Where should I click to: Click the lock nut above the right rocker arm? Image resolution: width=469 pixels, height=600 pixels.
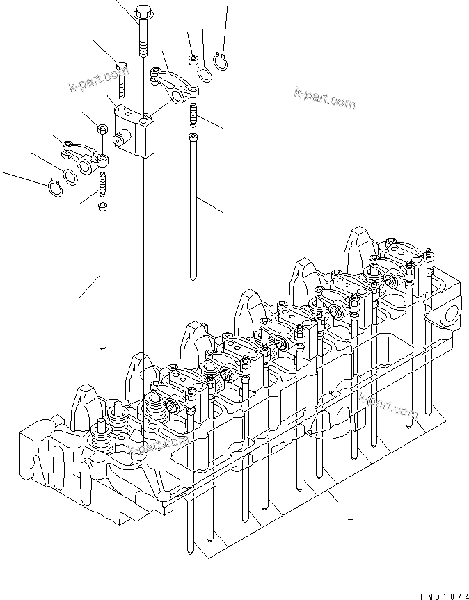click(x=191, y=58)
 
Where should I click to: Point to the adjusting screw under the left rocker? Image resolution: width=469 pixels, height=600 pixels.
click(x=103, y=184)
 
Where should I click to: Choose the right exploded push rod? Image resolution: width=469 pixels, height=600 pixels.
click(x=191, y=209)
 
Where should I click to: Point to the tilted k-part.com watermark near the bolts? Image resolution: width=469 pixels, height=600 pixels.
click(x=98, y=76)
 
